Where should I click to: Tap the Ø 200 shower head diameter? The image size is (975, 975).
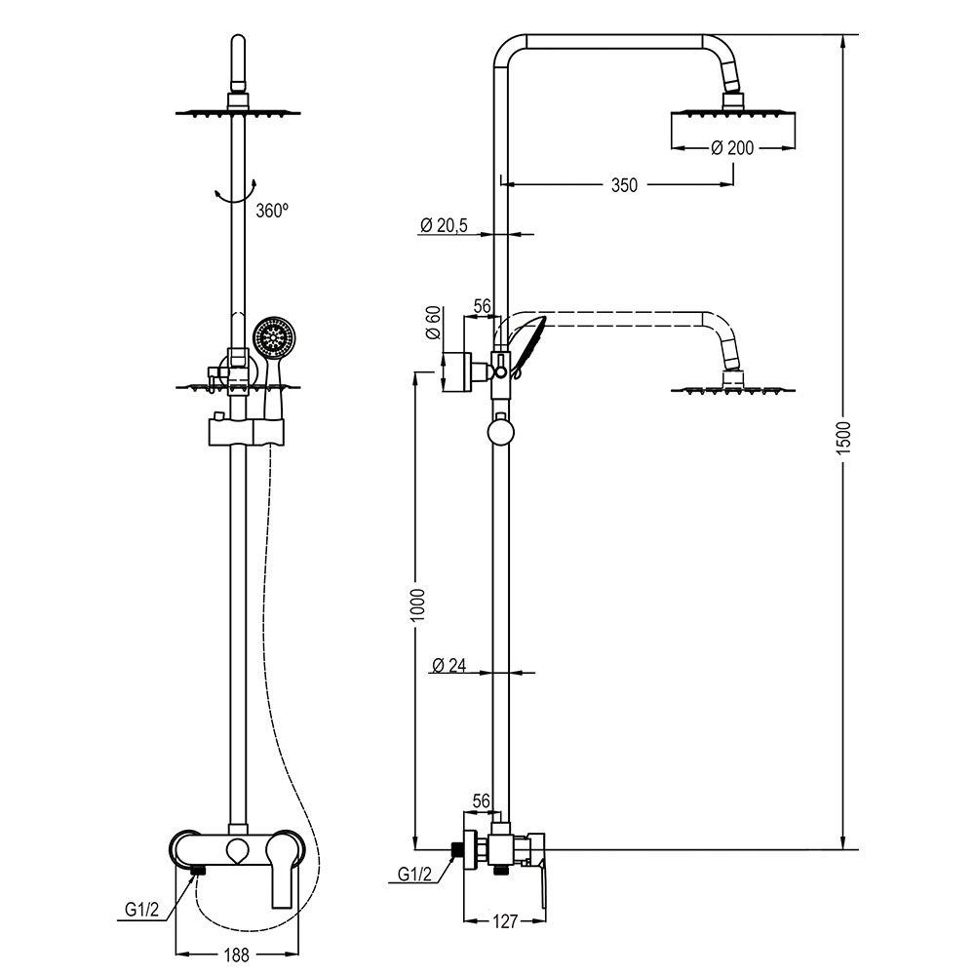click(x=731, y=147)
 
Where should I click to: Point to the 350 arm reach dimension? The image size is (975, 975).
click(x=625, y=185)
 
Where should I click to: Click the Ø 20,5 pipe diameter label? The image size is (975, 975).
click(x=445, y=226)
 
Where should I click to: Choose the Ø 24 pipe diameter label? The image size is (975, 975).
click(x=449, y=666)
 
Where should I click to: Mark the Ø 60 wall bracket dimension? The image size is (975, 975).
click(x=433, y=323)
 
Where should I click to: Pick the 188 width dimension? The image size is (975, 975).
click(x=236, y=955)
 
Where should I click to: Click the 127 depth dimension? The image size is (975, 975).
click(x=505, y=920)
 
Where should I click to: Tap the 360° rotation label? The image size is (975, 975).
click(x=273, y=210)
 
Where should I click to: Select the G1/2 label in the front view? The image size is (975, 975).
click(x=142, y=910)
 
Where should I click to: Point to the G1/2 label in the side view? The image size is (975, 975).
click(x=414, y=875)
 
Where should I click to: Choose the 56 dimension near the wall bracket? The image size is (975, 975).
click(x=481, y=306)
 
